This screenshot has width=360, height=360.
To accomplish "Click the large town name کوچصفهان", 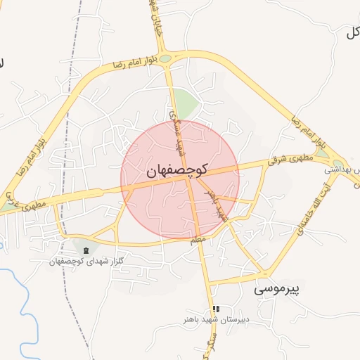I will point(176,170).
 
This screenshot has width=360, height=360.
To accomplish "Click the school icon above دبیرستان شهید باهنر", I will point(215,309).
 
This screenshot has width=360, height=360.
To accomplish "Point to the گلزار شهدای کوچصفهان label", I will point(86,262).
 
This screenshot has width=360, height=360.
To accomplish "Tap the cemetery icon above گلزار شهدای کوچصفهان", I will point(86,250).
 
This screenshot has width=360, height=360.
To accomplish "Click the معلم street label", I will point(198,240).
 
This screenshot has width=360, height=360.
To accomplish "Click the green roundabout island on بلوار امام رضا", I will point(165,58).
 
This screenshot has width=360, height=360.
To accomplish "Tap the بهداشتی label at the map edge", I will point(342,170).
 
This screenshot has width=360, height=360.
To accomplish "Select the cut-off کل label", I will point(352,32).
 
